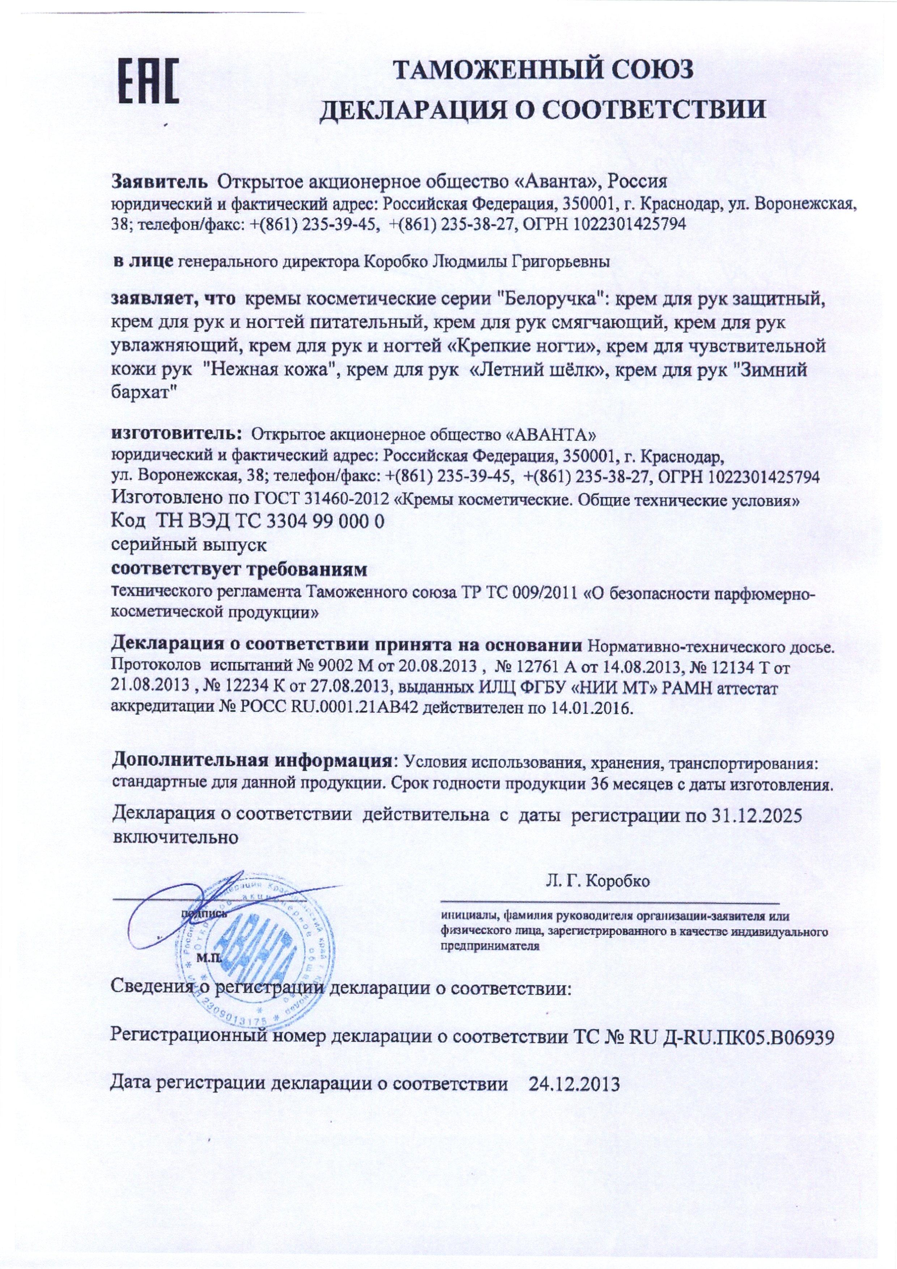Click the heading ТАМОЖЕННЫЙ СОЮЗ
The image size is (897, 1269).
[x=543, y=70]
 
